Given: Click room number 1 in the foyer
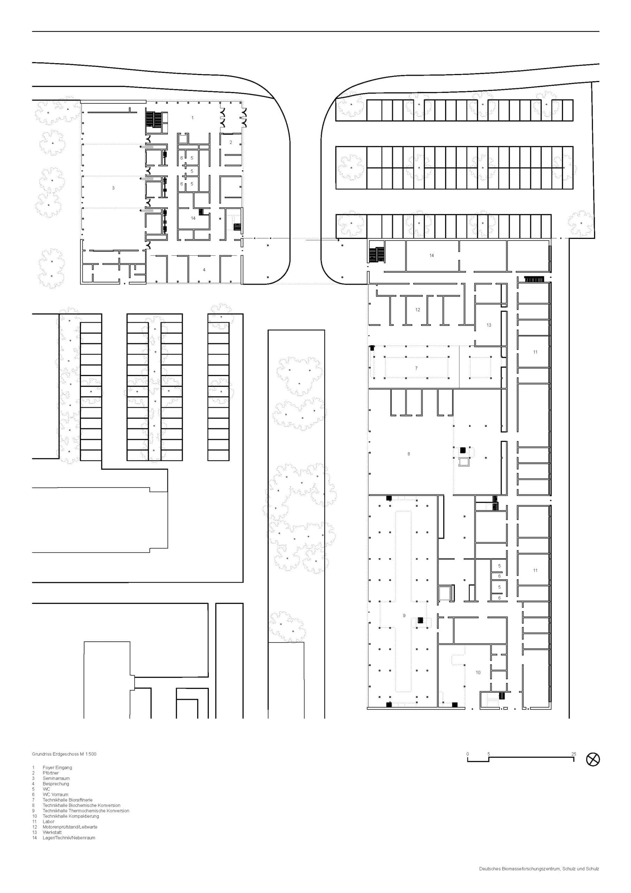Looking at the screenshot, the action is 192,118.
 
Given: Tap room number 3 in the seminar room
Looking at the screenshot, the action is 113,188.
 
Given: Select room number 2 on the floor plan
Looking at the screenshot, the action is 230,142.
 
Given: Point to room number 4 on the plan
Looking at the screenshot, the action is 204,270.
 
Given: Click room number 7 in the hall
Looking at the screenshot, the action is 416,368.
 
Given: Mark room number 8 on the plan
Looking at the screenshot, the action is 409,453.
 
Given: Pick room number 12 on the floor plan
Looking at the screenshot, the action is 418,310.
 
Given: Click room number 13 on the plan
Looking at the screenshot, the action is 489,325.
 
